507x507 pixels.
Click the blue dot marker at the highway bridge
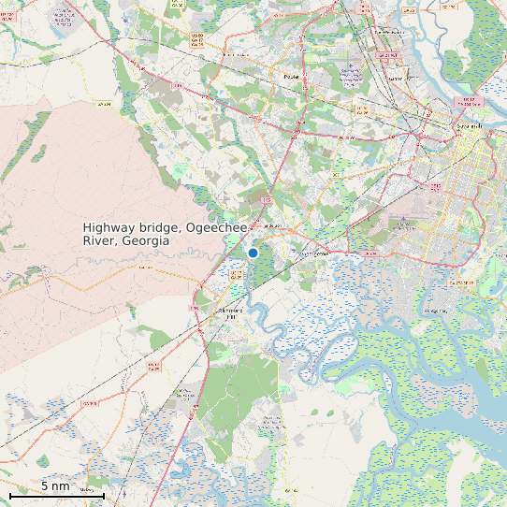[x=253, y=253]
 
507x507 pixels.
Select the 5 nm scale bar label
[x=55, y=486]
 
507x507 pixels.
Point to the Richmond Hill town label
[x=229, y=313]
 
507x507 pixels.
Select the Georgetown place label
[x=315, y=253]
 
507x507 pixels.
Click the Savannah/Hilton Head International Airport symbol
[x=350, y=72]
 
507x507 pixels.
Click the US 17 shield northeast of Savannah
[x=465, y=100]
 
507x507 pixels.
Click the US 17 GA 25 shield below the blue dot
[x=236, y=277]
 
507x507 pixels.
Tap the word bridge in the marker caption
[x=161, y=228]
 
